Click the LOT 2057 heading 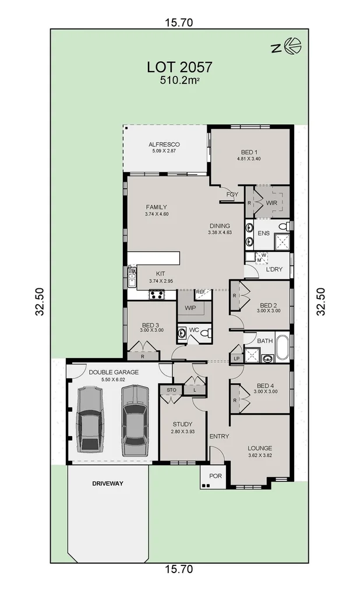coord(179,68)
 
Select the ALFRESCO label coord(164,144)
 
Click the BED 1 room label coord(248,151)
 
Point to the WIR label coord(271,203)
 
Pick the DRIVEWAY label coord(108,483)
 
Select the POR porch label coord(216,476)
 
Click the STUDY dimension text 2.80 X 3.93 coord(182,432)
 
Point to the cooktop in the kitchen coord(156,295)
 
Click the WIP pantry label coord(190,307)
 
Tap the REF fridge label coord(200,292)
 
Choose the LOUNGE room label coord(260,448)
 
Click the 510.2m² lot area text coord(179,81)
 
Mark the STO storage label coord(171,390)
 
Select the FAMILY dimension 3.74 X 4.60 coord(156,214)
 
